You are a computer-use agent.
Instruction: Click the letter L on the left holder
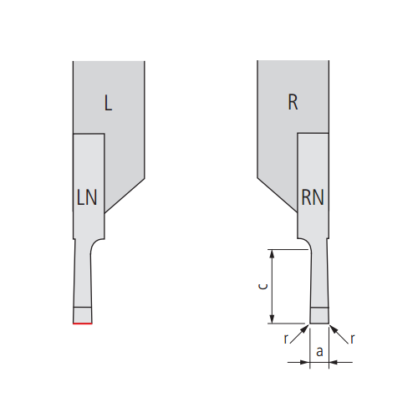tap(108, 103)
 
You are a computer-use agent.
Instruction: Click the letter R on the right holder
tap(293, 102)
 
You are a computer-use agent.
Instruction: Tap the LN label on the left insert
tap(87, 197)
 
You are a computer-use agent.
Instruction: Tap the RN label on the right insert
tap(313, 197)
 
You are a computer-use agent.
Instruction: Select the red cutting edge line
tap(83, 324)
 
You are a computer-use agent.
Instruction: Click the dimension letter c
tap(263, 286)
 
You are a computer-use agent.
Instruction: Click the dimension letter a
tap(319, 352)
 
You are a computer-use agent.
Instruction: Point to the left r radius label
tap(286, 339)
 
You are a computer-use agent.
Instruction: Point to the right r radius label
tap(353, 339)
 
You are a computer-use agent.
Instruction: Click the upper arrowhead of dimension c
tap(273, 254)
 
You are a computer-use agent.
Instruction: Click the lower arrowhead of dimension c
tap(273, 319)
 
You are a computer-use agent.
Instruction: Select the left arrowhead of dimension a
tap(305, 362)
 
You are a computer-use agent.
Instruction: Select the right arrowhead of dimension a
tap(334, 362)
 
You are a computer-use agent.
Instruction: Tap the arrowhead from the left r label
tap(305, 329)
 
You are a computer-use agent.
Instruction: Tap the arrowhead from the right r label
tap(334, 329)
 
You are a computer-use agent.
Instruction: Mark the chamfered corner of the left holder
tap(125, 196)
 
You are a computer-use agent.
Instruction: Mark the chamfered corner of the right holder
tap(278, 195)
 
